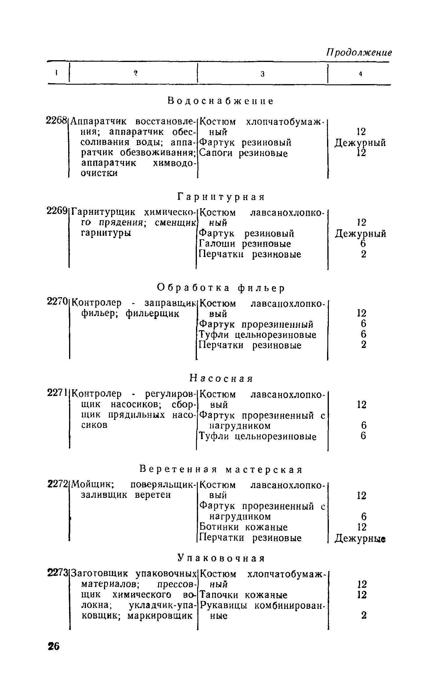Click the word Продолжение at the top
359,53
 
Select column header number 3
262,74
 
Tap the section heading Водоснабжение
221,101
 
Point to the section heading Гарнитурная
221,197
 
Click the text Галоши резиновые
245,244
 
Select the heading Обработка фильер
221,287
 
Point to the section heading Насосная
221,378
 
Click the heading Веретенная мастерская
221,469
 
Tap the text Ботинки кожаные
244,527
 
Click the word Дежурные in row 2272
360,539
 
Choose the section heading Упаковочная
221,558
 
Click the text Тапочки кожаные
244,595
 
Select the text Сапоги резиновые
244,153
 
